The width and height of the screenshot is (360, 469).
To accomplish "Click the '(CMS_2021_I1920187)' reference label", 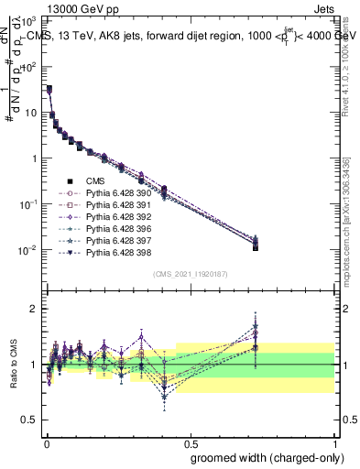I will [x=190, y=274].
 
